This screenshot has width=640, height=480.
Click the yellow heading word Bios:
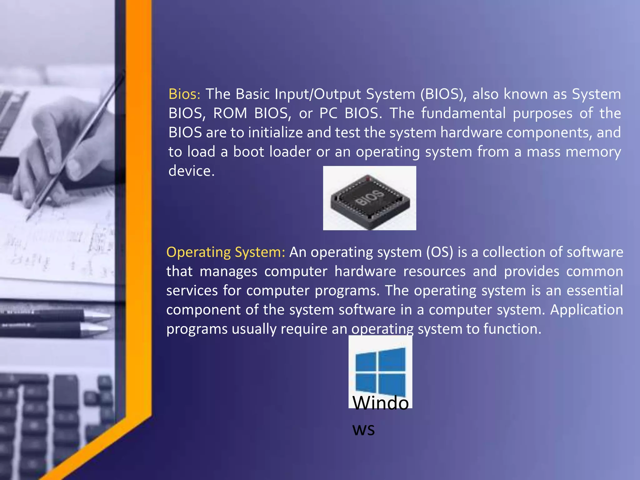(184, 94)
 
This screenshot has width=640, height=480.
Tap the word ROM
(230, 113)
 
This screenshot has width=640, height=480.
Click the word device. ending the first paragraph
(192, 171)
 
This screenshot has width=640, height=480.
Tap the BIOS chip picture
(369, 198)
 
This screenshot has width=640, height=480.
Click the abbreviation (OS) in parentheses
(440, 252)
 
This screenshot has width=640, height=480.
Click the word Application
(586, 310)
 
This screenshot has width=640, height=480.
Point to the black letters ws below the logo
(363, 430)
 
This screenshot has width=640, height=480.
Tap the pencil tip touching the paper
(28, 219)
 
